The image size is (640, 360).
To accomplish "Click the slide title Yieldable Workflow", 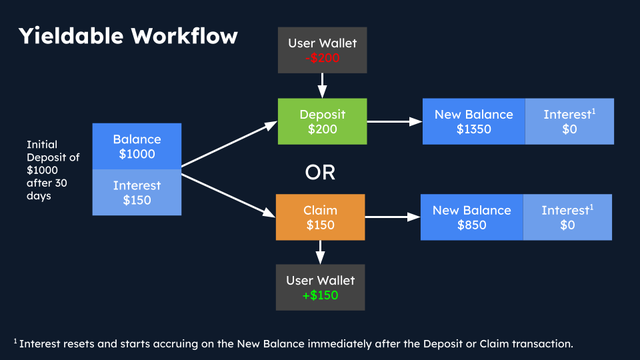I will (127, 36).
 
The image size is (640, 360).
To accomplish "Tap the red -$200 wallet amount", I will (322, 58).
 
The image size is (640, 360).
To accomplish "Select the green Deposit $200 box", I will (322, 121).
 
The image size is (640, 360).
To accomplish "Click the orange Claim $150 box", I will (320, 217).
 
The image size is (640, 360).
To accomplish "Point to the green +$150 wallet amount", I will (320, 295).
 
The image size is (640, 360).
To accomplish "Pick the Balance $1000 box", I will (137, 147).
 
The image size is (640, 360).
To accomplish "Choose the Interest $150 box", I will (137, 193).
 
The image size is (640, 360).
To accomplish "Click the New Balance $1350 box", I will (473, 121).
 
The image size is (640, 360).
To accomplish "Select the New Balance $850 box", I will (471, 217).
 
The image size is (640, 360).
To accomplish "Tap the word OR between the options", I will (320, 172).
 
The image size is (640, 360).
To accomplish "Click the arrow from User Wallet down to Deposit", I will (322, 85).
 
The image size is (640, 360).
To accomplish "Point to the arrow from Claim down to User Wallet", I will (320, 252).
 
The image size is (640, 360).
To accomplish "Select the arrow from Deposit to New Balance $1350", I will (394, 121).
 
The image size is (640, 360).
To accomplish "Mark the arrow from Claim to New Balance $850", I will (393, 217).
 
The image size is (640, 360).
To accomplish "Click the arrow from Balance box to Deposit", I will (229, 144).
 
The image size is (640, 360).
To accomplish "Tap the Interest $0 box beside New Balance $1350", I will (569, 121).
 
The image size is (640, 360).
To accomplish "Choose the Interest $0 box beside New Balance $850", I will (567, 217).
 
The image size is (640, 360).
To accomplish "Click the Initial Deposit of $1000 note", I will (53, 170).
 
